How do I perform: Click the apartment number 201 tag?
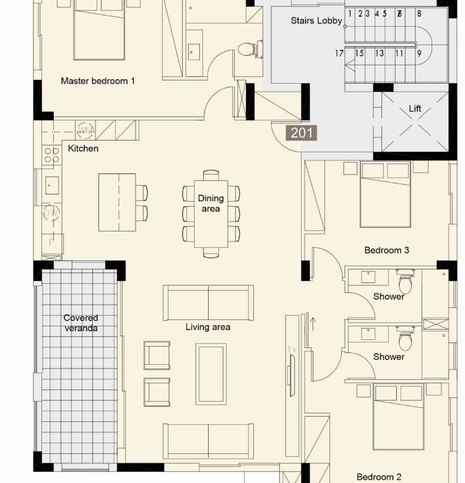pos(301,133)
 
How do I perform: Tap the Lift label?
pos(415,108)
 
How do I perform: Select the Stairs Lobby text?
pos(316,20)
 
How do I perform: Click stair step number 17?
pos(339,53)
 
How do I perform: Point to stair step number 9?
pos(419,54)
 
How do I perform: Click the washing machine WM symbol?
pos(85,131)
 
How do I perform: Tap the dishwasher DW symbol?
pos(51,212)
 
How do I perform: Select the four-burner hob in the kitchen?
pos(52,155)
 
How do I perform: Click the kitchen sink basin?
pos(52,185)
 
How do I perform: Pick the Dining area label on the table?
pos(211,203)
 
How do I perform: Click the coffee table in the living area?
pos(211,373)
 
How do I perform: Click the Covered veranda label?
pos(81,323)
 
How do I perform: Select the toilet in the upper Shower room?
pos(406,281)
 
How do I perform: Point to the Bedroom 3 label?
pos(386,250)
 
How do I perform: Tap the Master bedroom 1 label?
pos(98,81)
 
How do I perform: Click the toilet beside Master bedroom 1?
pos(250,49)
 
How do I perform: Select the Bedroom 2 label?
pos(379,477)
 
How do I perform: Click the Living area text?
pos(208,327)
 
